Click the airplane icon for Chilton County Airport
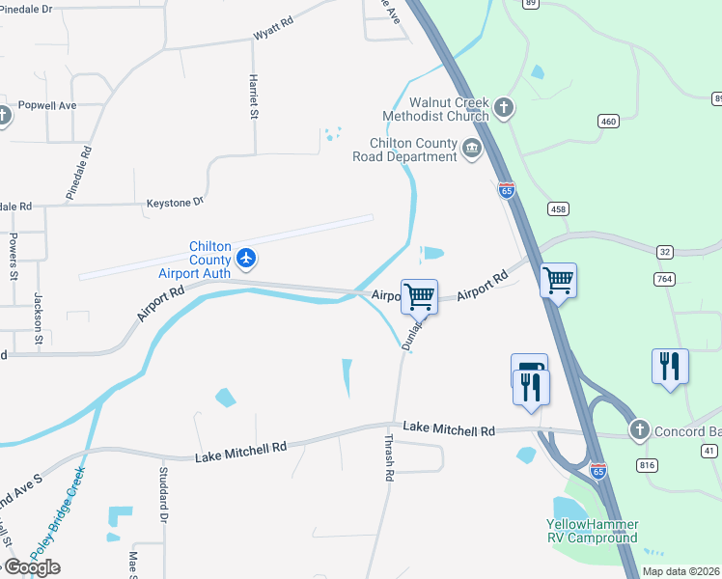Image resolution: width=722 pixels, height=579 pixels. (247, 258)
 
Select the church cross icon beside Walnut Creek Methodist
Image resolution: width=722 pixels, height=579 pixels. (504, 106)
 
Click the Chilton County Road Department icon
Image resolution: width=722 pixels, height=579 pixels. (472, 149)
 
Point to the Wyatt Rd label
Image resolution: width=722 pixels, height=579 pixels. (272, 31)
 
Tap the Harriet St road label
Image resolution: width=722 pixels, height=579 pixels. (254, 96)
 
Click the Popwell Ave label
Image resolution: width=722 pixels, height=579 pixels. (46, 105)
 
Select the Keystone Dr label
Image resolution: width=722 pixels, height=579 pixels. (175, 203)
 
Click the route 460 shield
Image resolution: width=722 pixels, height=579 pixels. (607, 121)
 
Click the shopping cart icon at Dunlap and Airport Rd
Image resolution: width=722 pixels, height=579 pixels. (420, 296)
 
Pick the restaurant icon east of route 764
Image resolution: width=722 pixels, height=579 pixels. (670, 366)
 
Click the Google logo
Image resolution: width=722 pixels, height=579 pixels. (31, 566)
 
